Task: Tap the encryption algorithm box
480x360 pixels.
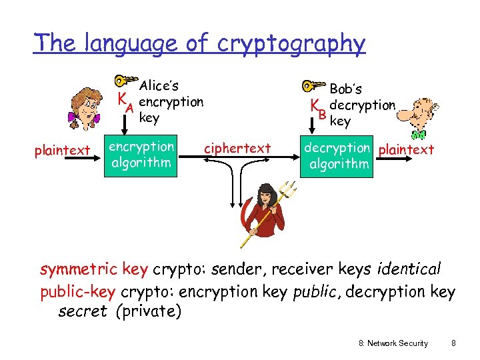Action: coord(141,155)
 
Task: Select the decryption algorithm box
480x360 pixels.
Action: coord(337,155)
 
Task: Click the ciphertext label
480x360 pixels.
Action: coord(237,148)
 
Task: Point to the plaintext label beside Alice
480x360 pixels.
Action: coord(62,151)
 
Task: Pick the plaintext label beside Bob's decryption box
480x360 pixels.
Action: coord(406,149)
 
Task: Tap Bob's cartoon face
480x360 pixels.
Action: coord(417,111)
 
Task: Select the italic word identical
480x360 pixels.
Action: coord(409,269)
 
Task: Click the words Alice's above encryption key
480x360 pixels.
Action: coord(159,86)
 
